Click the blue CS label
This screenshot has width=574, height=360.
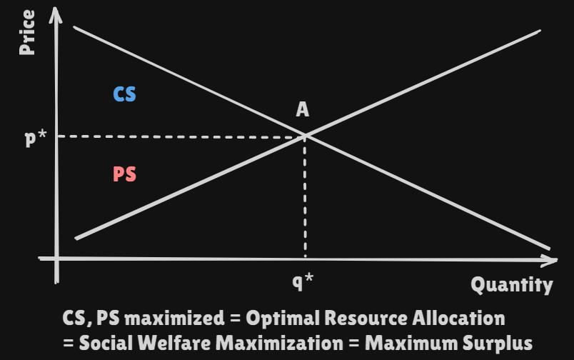click(x=125, y=94)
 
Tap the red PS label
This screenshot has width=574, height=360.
click(x=125, y=174)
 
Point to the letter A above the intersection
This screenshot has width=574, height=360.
click(x=303, y=109)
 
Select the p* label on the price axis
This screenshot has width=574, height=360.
click(x=36, y=137)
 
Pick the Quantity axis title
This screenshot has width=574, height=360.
click(x=511, y=285)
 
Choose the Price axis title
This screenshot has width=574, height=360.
click(x=28, y=32)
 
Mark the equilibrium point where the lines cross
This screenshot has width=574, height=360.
click(x=306, y=135)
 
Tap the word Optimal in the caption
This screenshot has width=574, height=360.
click(x=277, y=317)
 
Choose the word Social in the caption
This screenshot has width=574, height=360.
click(x=104, y=341)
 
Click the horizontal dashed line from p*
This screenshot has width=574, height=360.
click(x=178, y=136)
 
